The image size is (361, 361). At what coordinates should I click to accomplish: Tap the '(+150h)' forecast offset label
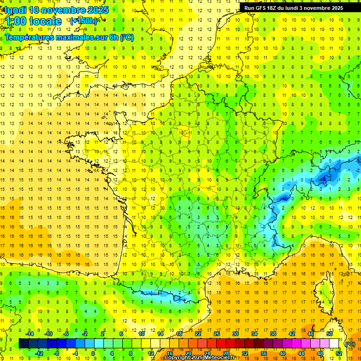point(84,21)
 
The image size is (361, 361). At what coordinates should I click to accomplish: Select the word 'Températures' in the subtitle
point(28,38)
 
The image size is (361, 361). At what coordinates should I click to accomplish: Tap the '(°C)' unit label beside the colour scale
point(350,344)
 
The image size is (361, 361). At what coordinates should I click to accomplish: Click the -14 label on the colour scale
point(30,334)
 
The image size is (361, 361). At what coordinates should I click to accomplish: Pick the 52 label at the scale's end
point(339,353)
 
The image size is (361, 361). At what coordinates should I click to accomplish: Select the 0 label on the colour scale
point(93,353)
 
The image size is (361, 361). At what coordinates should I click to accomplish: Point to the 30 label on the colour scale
point(235,334)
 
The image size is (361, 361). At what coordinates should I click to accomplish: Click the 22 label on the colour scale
point(198,334)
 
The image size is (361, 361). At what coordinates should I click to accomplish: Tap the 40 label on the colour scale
point(282,353)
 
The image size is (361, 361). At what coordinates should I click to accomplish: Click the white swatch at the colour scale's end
point(334,344)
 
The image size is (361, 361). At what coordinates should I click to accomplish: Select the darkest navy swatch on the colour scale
point(24,344)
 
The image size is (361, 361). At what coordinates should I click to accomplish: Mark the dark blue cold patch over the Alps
point(323,178)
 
